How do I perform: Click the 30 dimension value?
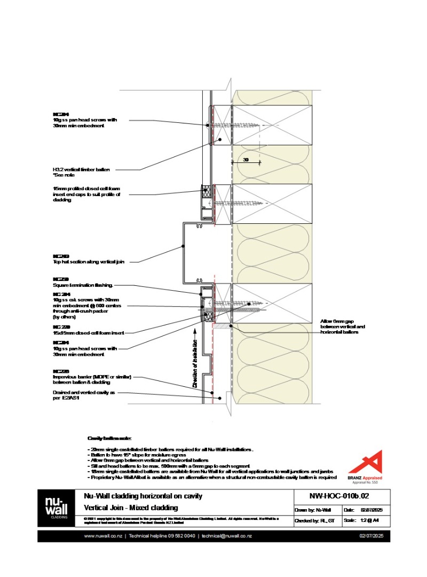pos(246,159)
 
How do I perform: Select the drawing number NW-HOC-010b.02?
pos(339,496)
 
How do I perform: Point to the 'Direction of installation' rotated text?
pos(195,364)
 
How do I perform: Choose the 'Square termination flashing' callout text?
pos(84,285)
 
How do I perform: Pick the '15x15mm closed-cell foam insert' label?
pos(88,332)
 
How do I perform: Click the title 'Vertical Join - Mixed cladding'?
pos(131,508)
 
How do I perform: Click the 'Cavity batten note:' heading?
pos(106,438)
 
